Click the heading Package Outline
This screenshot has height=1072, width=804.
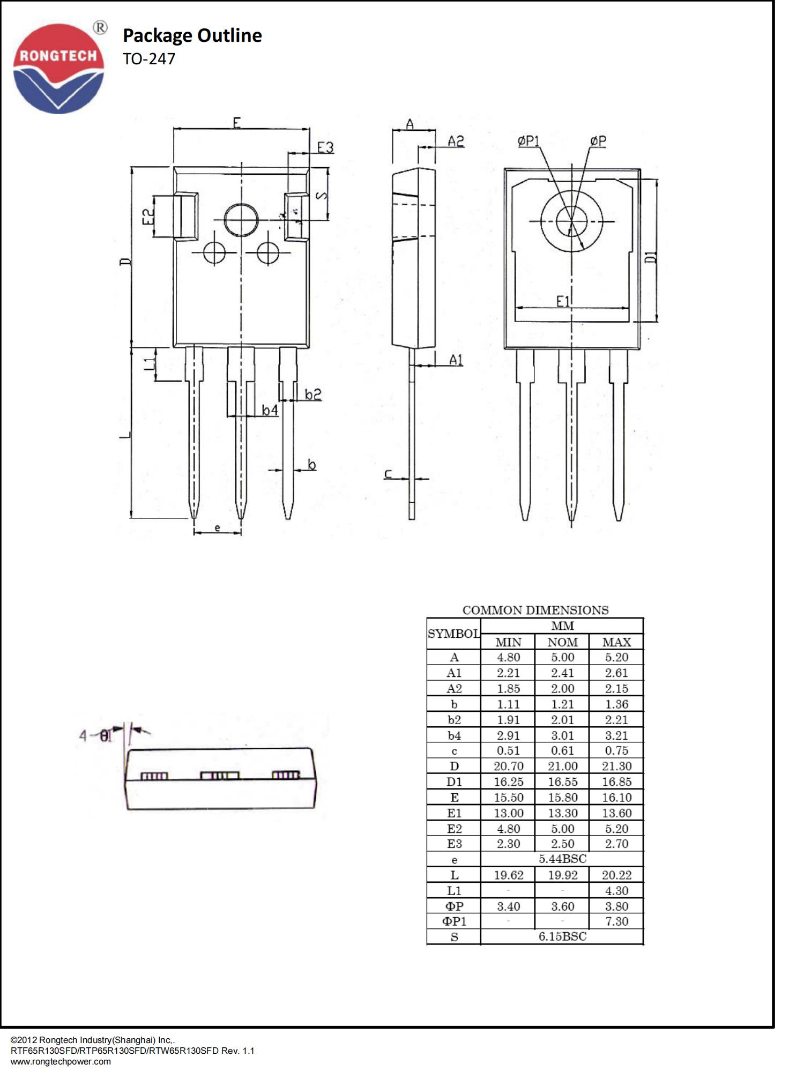tap(192, 35)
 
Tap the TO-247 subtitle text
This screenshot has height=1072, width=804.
tap(148, 59)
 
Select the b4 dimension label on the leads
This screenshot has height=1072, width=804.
tap(270, 410)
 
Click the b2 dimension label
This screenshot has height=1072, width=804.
tap(313, 394)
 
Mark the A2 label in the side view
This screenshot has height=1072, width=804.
tap(456, 141)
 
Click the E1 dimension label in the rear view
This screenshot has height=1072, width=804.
tap(563, 301)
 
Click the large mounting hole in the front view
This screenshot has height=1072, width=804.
tap(241, 220)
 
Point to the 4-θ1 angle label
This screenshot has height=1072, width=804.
tap(95, 735)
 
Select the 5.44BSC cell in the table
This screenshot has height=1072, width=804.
tap(562, 859)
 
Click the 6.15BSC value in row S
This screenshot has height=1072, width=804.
tap(562, 936)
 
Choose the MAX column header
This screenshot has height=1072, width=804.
tap(616, 642)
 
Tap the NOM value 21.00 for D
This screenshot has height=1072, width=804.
tap(562, 766)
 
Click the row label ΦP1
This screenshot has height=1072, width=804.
tap(454, 921)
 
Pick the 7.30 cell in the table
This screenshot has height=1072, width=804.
tap(616, 921)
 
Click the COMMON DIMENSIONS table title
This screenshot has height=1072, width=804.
tap(535, 610)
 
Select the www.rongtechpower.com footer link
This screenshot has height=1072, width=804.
tap(61, 1061)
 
